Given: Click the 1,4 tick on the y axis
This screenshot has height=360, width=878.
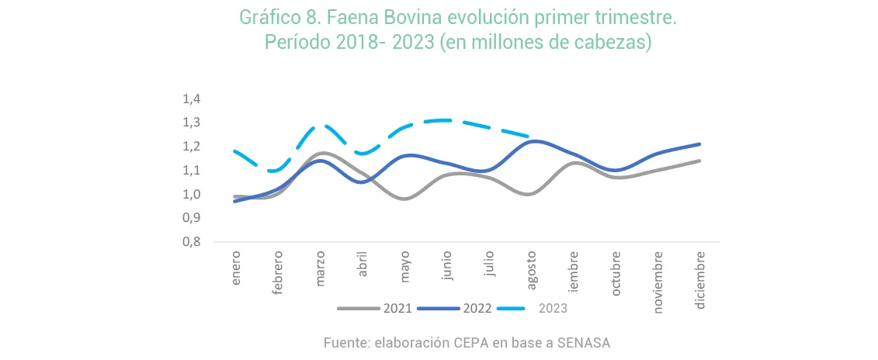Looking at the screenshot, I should pyautogui.click(x=191, y=99).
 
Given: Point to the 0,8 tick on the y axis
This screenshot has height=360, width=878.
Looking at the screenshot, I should pyautogui.click(x=191, y=242).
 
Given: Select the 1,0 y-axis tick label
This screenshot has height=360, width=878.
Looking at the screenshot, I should pyautogui.click(x=191, y=195).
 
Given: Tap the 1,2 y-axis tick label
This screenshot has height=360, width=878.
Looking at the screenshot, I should pyautogui.click(x=191, y=147).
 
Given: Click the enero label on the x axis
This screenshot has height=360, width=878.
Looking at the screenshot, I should pyautogui.click(x=237, y=268).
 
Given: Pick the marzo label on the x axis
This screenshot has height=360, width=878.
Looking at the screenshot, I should pyautogui.click(x=321, y=269).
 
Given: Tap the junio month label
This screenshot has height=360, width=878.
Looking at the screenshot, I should pyautogui.click(x=446, y=268).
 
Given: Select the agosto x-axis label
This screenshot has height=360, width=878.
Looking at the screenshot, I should pyautogui.click(x=531, y=269).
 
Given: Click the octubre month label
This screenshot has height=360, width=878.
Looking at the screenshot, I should pyautogui.click(x=616, y=271).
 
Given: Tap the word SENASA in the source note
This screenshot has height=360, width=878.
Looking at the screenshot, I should pyautogui.click(x=586, y=342).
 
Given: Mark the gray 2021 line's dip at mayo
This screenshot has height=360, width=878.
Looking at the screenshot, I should pyautogui.click(x=404, y=199).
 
